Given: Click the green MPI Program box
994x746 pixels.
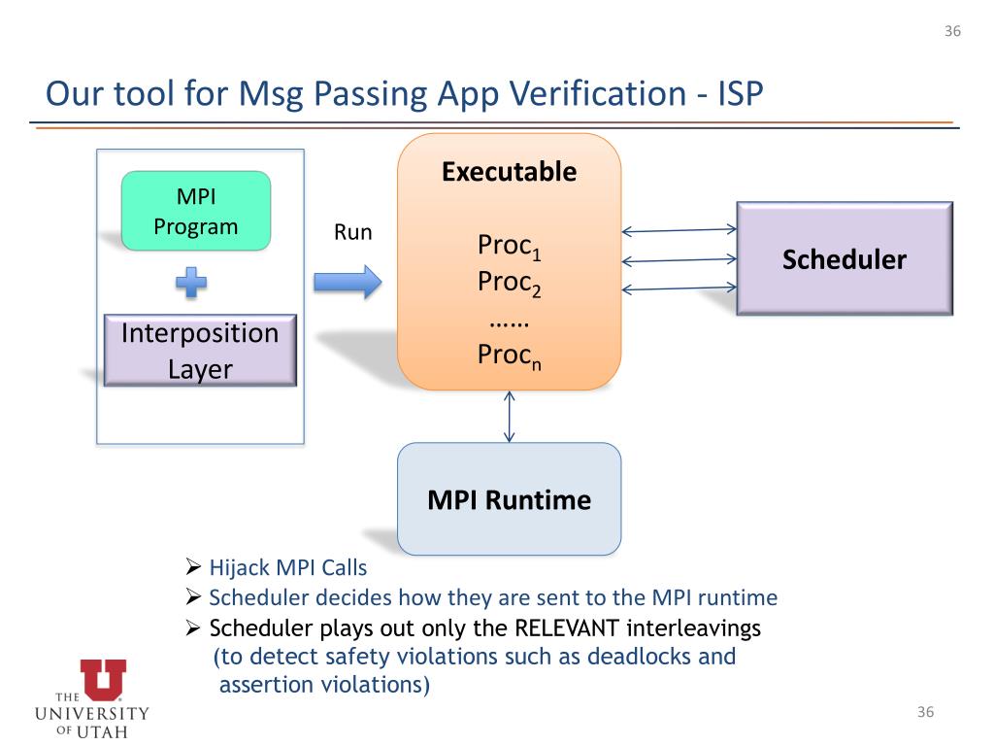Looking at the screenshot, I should [195, 211].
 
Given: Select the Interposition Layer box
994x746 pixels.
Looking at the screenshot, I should [199, 350].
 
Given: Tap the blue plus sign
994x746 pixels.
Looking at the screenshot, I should [192, 283].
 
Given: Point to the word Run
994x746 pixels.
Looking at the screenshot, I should [352, 233].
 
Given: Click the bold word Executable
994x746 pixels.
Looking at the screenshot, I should [509, 173].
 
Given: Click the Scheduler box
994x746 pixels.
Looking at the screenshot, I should [845, 258].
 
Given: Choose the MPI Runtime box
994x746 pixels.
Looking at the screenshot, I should [509, 499].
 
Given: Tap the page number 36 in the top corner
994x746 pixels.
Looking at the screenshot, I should [952, 31].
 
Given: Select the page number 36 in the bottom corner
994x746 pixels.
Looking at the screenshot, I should [925, 713].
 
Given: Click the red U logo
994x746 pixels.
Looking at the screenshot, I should [103, 679].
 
